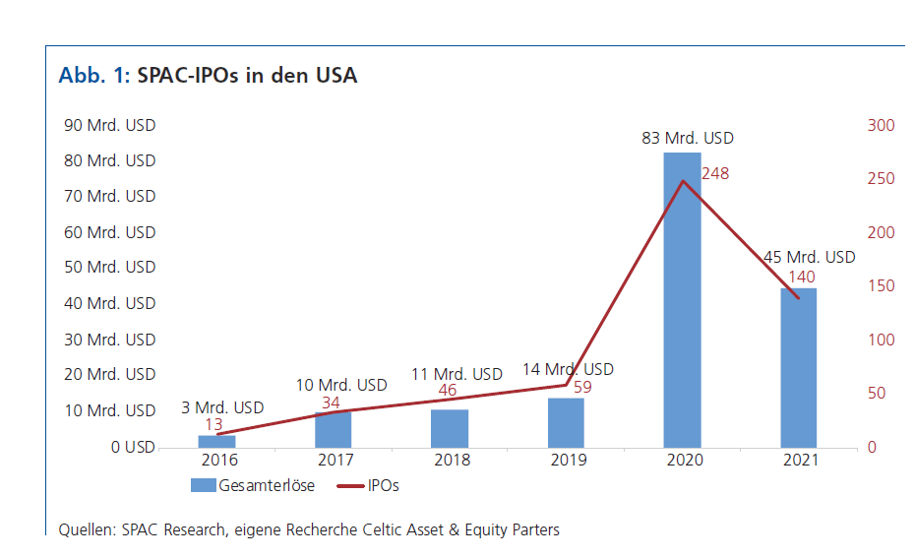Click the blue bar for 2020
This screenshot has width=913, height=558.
coord(682,299)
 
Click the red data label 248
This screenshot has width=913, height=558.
coord(715,174)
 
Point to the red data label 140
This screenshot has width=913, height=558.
coord(802,277)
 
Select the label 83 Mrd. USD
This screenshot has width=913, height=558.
coord(688,139)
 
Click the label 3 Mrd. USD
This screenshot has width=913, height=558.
coord(222,407)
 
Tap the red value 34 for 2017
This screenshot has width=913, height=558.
coord(332,402)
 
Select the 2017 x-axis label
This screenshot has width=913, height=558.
coord(335,460)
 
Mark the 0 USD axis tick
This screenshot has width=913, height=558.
coord(133,447)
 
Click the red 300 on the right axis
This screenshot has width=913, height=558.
coord(881,125)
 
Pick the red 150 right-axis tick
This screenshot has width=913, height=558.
coord(881,286)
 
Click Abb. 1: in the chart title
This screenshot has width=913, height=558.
coord(94,76)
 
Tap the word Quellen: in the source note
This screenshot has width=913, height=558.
coord(88,529)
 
